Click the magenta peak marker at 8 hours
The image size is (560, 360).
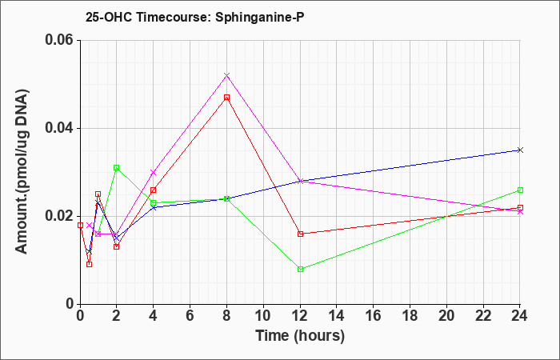coord(226,75)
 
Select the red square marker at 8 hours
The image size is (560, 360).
coord(226,97)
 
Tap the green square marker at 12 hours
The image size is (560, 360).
coord(300,269)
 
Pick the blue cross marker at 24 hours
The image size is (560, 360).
coord(520,150)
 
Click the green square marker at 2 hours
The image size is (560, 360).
coord(117,167)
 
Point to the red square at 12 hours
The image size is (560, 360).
coord(300,234)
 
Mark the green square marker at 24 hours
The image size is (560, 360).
coord(520,190)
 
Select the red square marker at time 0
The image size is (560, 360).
coord(80,225)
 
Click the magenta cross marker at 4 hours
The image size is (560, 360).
coord(154,173)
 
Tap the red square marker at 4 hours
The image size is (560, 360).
coord(154,190)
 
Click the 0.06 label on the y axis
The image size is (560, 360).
coord(60,40)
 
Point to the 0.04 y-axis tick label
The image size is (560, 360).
coord(60,128)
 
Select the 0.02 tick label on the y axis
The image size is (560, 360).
coord(60,216)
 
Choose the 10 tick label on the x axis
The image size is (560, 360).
coord(263,316)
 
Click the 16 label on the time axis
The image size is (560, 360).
coord(374,316)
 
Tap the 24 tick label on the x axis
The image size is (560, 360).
coord(520,316)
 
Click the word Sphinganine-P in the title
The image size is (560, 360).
coord(260,18)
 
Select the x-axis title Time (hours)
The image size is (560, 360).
coord(300,336)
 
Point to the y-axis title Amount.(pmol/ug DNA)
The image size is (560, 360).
coord(22,172)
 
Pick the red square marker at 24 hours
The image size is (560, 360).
coord(520,207)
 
